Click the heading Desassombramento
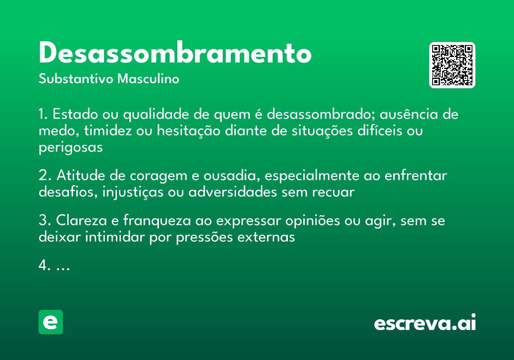175,53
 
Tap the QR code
452,65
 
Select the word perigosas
71,147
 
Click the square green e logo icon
51,322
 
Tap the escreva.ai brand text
425,323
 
